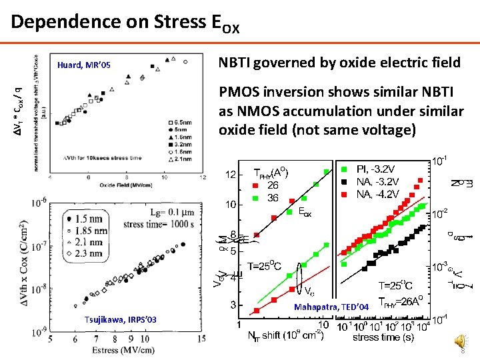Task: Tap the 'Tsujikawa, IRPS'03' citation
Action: (x=120, y=320)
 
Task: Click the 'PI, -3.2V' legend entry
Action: (x=377, y=169)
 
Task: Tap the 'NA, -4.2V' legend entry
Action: (x=378, y=194)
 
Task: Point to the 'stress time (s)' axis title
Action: (x=385, y=337)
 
